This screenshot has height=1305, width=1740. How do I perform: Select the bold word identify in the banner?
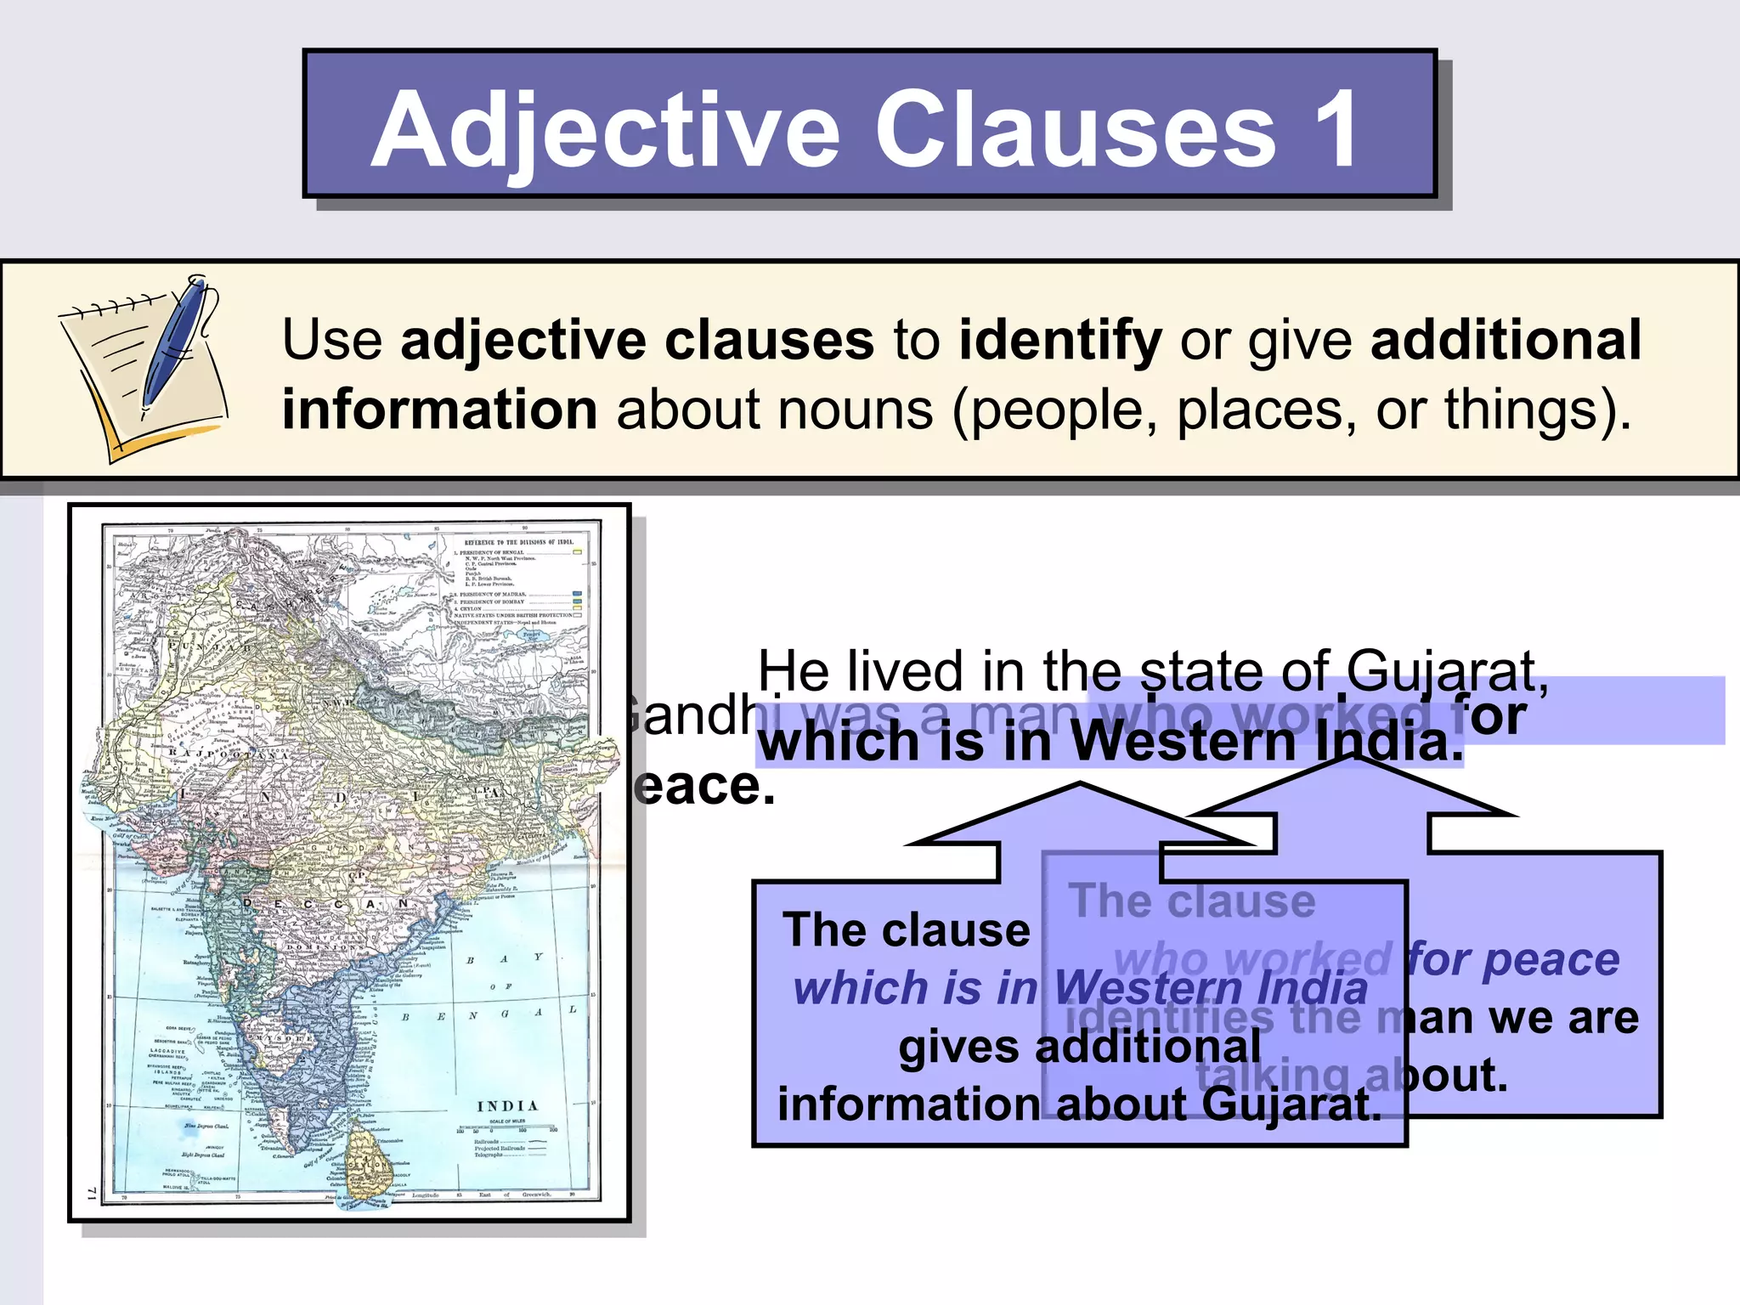point(1059,341)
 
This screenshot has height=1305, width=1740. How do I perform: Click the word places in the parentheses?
point(1265,410)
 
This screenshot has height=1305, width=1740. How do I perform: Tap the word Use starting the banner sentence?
point(332,341)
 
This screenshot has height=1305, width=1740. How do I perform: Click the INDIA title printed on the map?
point(507,1106)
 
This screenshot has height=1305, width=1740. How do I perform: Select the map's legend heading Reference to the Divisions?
point(518,541)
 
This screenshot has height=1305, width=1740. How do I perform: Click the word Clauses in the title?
point(1075,129)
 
